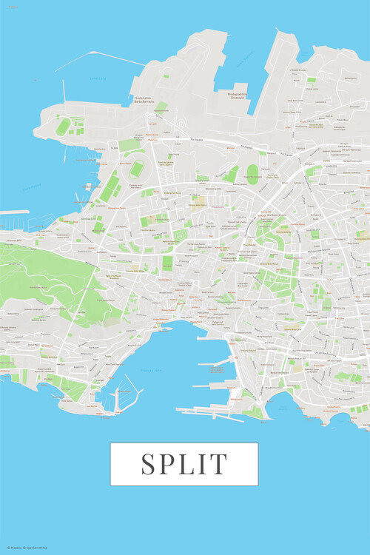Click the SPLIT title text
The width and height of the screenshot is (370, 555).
[184, 464]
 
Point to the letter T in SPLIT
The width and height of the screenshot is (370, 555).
[219, 464]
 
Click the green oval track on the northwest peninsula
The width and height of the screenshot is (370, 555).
[64, 127]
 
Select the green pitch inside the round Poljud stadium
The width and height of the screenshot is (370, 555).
[137, 169]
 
